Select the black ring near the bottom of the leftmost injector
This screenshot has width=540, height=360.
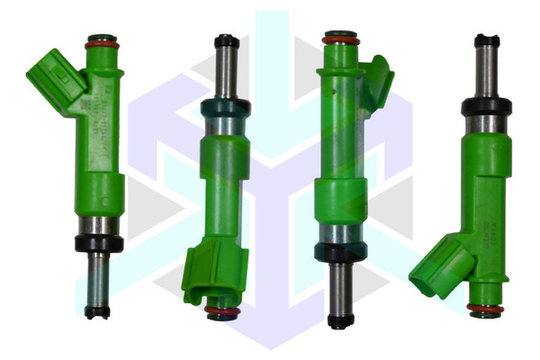[x=99, y=243]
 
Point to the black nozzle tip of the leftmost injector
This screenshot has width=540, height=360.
[x=97, y=311]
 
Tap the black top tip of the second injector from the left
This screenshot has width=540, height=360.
[x=227, y=40]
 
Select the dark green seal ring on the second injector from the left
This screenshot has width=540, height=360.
[x=226, y=108]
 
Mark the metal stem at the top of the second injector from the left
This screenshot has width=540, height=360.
[x=227, y=72]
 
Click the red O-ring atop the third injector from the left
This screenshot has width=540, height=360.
[x=341, y=40]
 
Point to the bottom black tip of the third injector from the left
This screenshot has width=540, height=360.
[x=340, y=319]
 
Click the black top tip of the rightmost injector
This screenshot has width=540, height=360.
[x=487, y=40]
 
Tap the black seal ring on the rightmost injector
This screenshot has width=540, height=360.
[x=486, y=107]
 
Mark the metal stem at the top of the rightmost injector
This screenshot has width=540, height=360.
[x=487, y=72]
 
